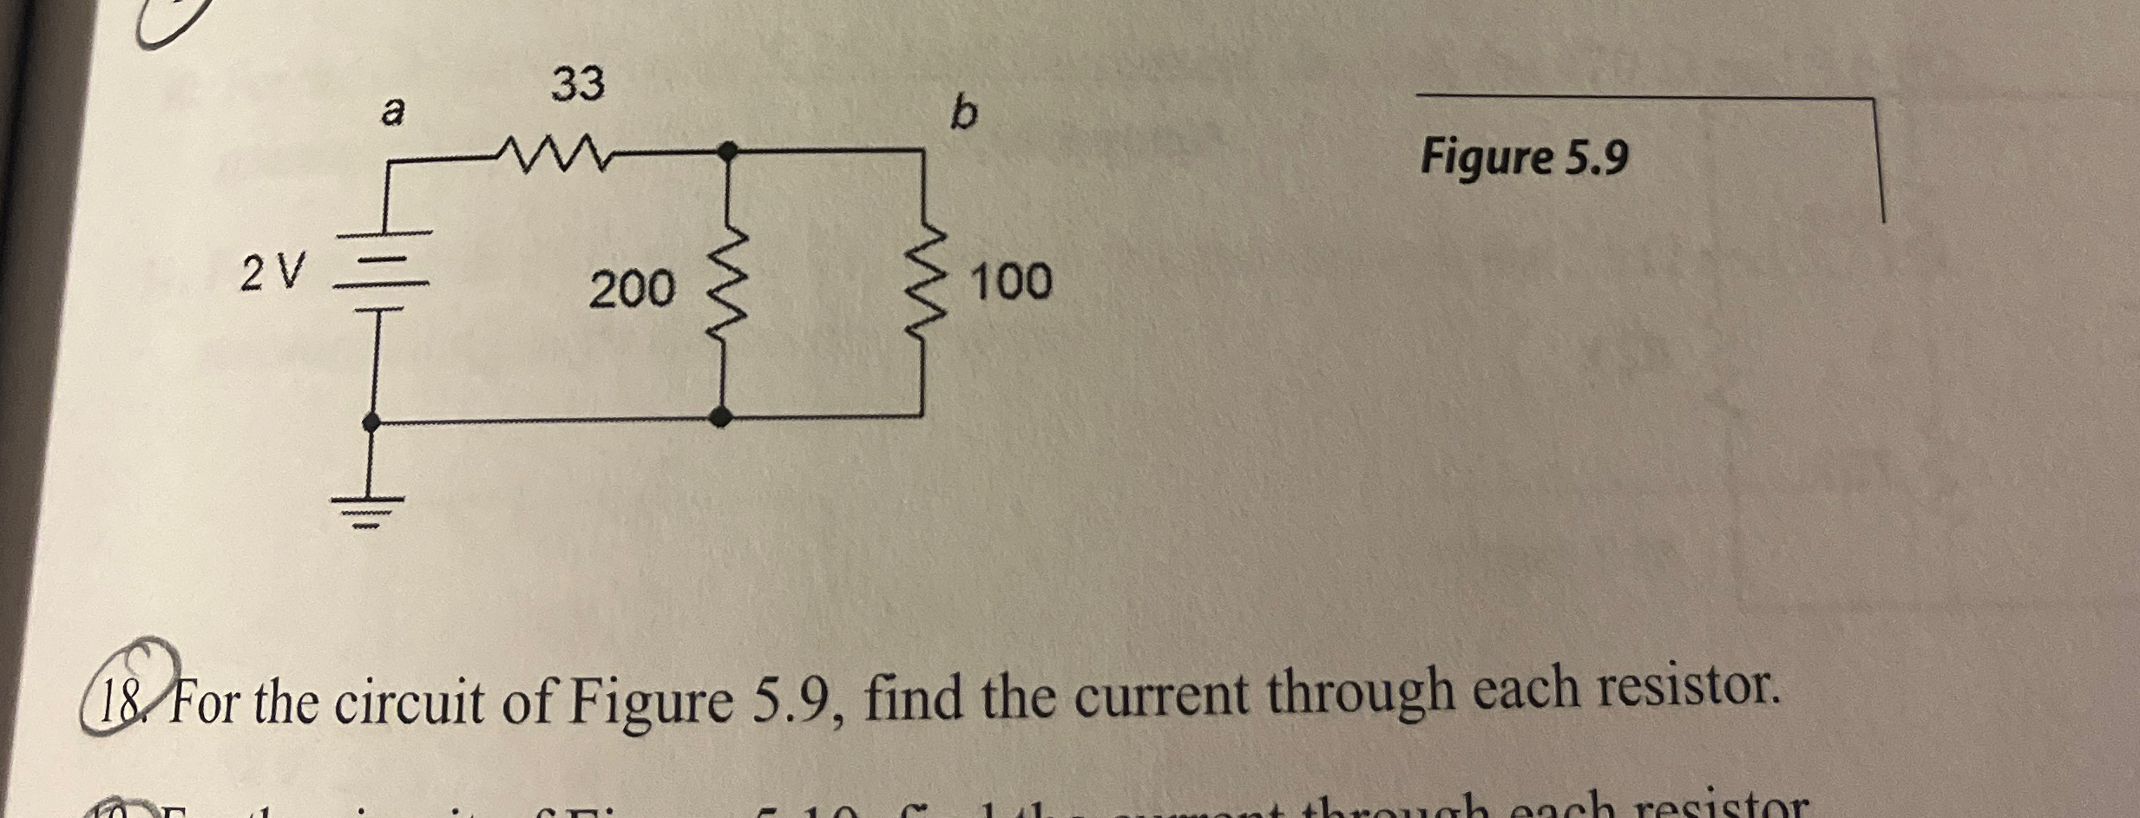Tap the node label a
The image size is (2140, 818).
[x=393, y=112]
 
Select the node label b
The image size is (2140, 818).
[x=962, y=113]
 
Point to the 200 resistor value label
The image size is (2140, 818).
[x=631, y=289]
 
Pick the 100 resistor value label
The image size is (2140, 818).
[x=1011, y=282]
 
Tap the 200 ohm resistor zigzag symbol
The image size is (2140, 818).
[x=727, y=279]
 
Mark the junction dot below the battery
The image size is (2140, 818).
[x=371, y=422]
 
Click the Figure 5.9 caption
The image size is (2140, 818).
[x=1524, y=159]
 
